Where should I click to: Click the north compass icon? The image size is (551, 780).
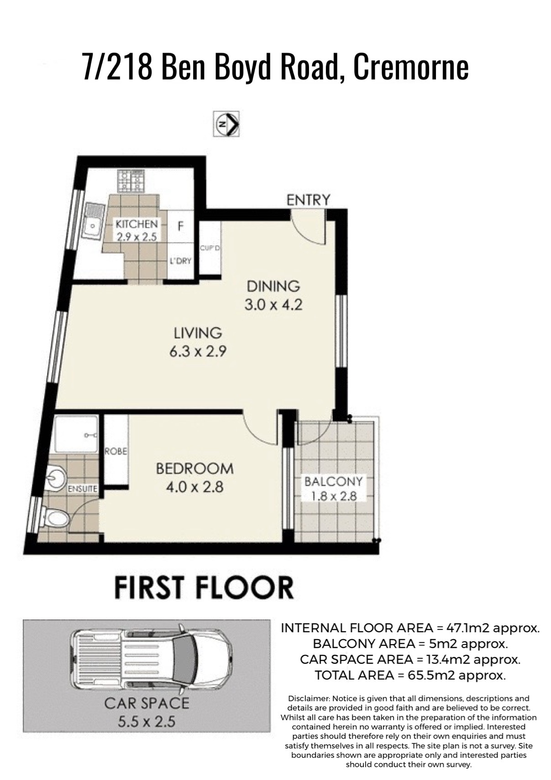(x=226, y=124)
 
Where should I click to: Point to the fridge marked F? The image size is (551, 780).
(x=180, y=226)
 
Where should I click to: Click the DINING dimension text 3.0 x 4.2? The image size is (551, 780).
(x=273, y=305)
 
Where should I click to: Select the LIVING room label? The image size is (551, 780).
(x=198, y=333)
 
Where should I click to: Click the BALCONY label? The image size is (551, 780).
(x=334, y=482)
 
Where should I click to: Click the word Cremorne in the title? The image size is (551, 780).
(x=411, y=67)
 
